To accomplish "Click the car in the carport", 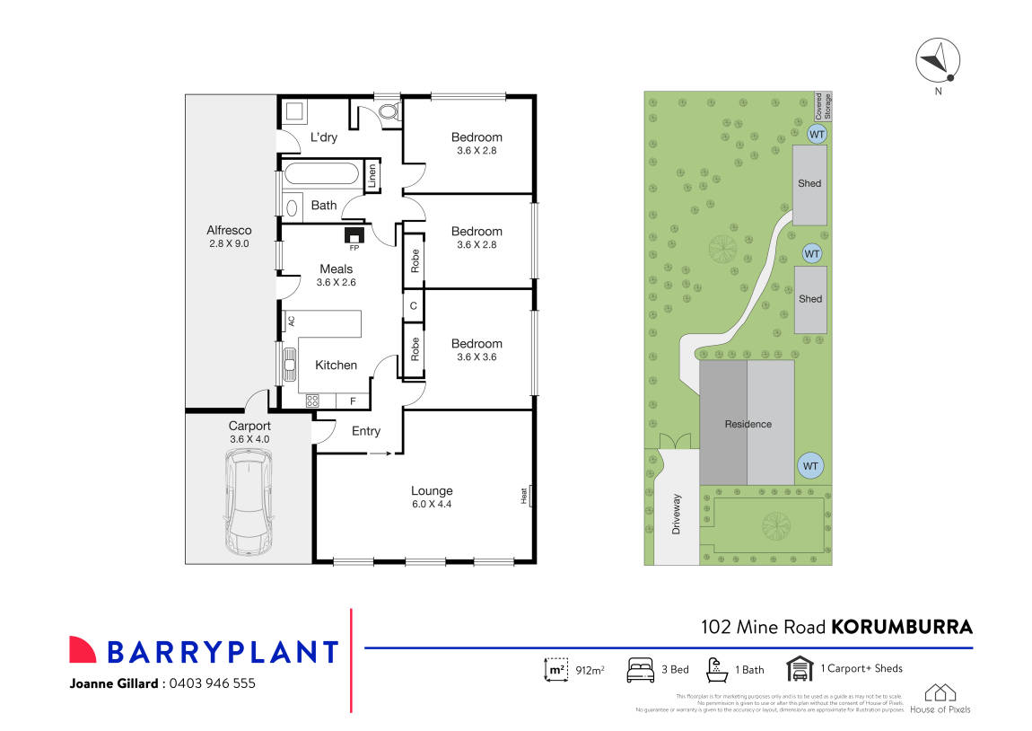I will pos(249,502).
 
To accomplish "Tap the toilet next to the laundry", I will pos(389,113).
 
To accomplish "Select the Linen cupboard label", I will pos(372,176).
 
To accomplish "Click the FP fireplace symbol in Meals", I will pos(353,235).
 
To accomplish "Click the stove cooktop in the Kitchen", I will pos(312,401).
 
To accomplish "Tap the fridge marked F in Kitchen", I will pos(352,401).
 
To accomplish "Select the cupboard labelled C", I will pos(413,306).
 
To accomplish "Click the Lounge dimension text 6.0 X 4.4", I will pos(432,505).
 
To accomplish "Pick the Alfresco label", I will pos(230,231).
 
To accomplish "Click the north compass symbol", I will pos(938,62).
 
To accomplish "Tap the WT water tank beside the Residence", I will pos(810,466).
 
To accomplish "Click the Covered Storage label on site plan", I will pos(822,106).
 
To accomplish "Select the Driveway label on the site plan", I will pos(677,515).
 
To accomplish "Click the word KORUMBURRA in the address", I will pos(901,627).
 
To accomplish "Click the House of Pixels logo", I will pos(940,699).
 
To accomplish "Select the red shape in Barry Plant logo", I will pos(83,650).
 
